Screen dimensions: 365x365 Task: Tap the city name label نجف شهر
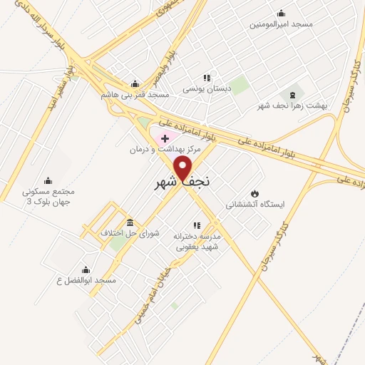tap(183, 182)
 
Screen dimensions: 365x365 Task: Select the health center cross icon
tap(165, 138)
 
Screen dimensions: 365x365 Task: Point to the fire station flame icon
tap(255, 192)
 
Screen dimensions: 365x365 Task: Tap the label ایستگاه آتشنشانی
tap(255, 205)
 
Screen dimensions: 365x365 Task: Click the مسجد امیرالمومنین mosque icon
tap(281, 12)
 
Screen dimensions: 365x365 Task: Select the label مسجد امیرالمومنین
tap(281, 24)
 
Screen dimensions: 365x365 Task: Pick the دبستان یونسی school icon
tap(207, 78)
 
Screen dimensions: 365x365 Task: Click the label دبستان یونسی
tap(207, 90)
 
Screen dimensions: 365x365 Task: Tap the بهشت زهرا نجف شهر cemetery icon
tap(292, 95)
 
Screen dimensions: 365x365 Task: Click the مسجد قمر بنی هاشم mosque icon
tap(135, 83)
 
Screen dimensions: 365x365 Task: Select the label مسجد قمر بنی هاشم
tap(135, 95)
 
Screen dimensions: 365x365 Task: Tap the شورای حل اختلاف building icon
tap(129, 222)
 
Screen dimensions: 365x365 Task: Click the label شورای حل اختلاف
tap(129, 233)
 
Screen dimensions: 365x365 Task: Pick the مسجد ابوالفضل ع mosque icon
tap(86, 269)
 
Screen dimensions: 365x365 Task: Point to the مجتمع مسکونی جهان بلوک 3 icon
tap(48, 180)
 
